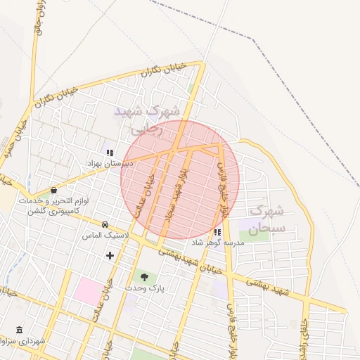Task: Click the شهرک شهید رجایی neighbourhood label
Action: pos(147,120)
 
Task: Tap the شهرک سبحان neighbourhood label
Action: pos(267,219)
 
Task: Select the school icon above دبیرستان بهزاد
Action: pos(109,152)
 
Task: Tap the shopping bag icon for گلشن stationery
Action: pos(54,190)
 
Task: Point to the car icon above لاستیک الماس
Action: pos(105,224)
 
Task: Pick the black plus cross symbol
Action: pos(110,255)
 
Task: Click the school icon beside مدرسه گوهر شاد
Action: pos(217,232)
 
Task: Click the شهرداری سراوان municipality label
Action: pos(24,342)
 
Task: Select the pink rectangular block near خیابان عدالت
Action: pos(88,291)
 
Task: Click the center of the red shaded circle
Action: pos(180,179)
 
